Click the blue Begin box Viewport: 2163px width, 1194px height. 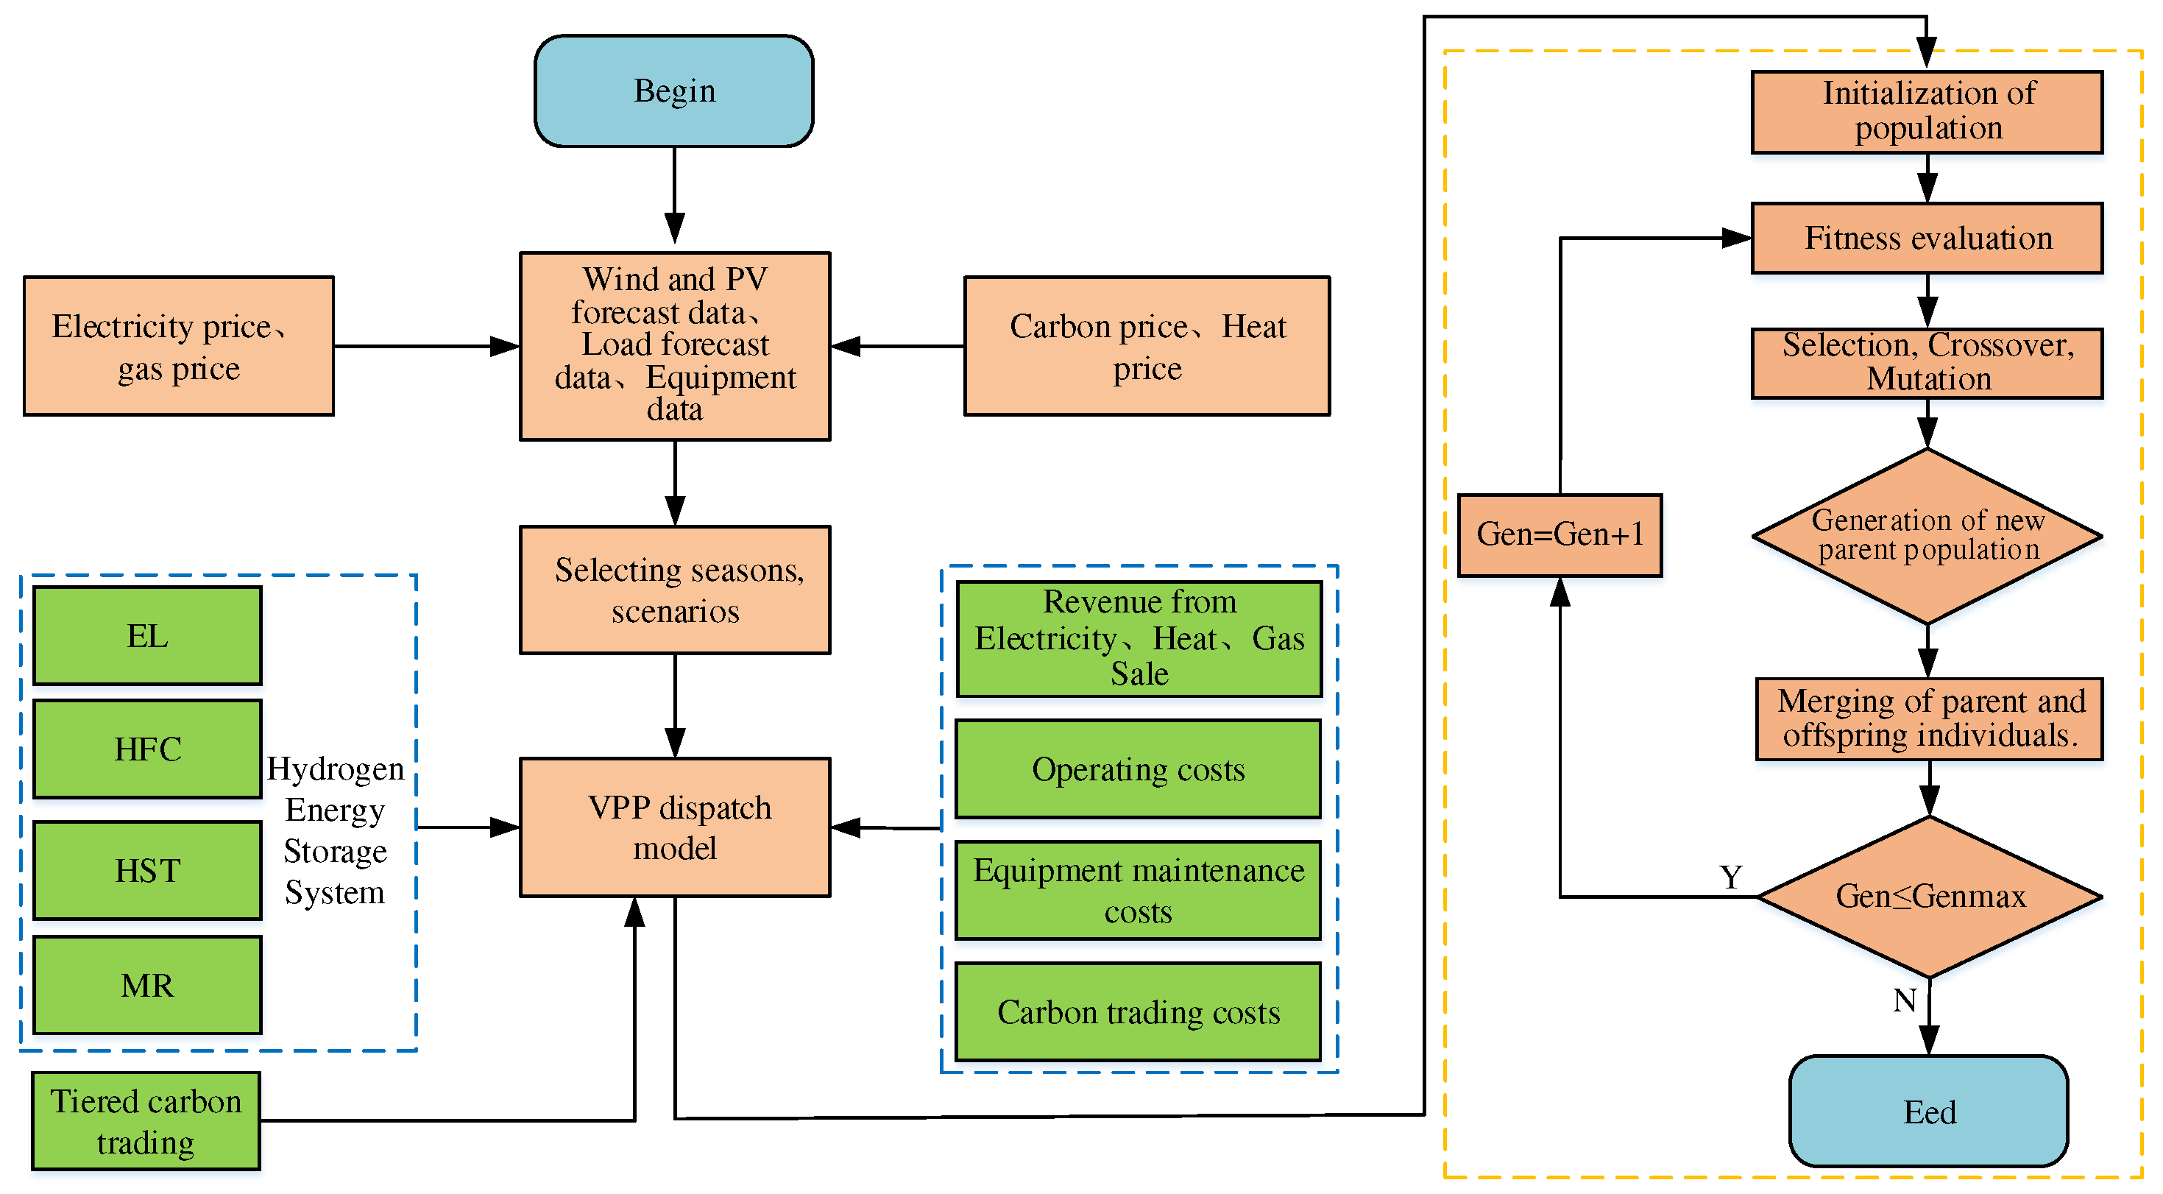tap(673, 91)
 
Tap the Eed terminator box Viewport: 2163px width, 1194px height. tap(1928, 1111)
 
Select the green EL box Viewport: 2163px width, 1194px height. tap(147, 635)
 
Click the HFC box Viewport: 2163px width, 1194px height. tap(147, 748)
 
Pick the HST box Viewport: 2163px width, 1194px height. tap(147, 870)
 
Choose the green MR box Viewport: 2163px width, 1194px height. tap(147, 985)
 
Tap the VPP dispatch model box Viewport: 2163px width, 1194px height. tap(675, 827)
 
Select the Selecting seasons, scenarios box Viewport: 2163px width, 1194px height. tap(675, 590)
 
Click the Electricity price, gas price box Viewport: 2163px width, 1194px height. tap(178, 346)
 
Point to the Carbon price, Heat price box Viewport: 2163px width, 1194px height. tap(1146, 346)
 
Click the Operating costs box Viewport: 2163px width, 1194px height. tap(1138, 769)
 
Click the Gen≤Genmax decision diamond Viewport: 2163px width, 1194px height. tap(1929, 896)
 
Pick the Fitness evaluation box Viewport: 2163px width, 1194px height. tap(1927, 239)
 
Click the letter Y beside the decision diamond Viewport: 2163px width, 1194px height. tap(1730, 877)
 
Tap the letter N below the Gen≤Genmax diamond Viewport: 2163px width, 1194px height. tap(1905, 1000)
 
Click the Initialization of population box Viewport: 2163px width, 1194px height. tap(1927, 112)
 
